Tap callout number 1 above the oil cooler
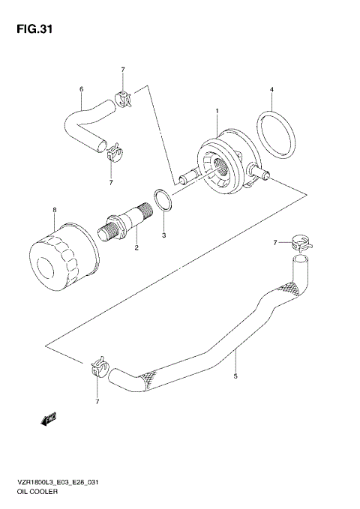[x=217, y=111]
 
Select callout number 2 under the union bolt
[x=136, y=247]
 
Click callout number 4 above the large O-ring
[x=271, y=91]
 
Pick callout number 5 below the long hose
[x=235, y=376]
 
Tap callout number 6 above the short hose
[x=81, y=90]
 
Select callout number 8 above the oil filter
[x=54, y=209]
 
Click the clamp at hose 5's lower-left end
[x=98, y=367]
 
